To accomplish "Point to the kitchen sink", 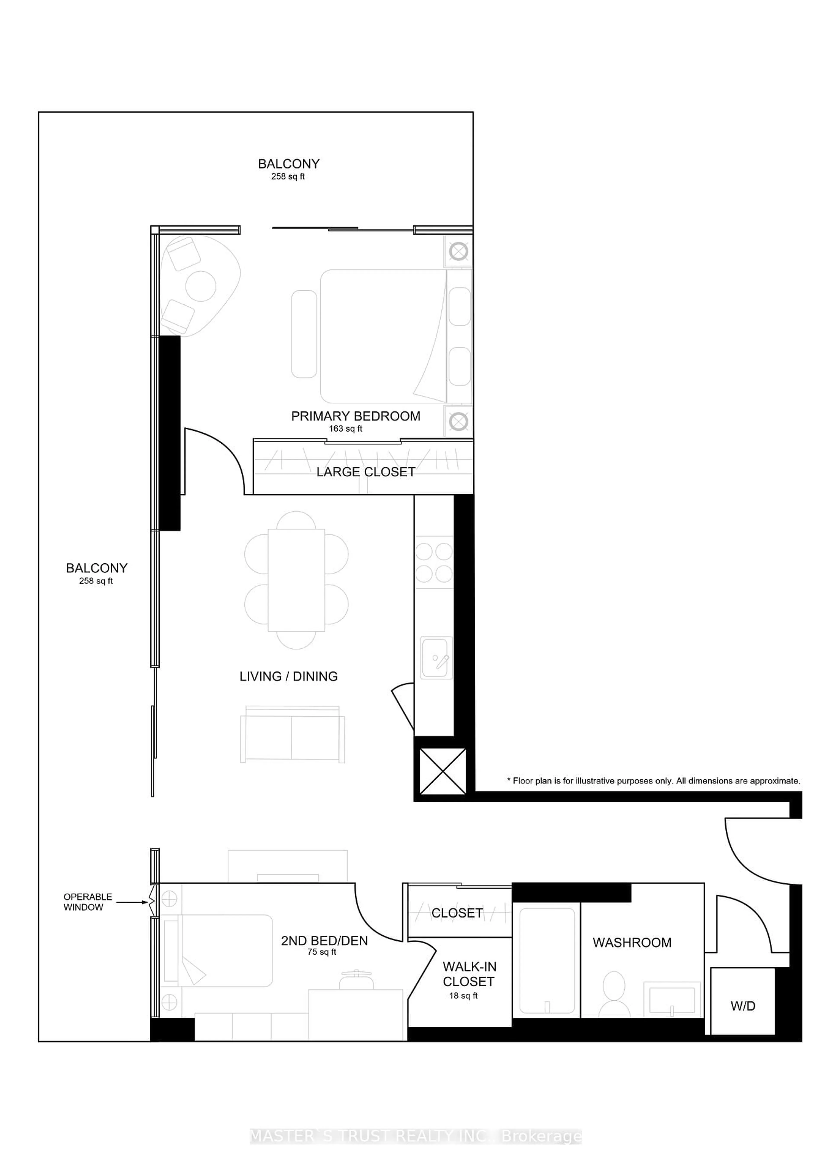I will (436, 658).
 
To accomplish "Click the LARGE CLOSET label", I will (365, 472).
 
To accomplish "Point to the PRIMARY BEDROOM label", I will (356, 416).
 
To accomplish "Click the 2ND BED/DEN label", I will (324, 941).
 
